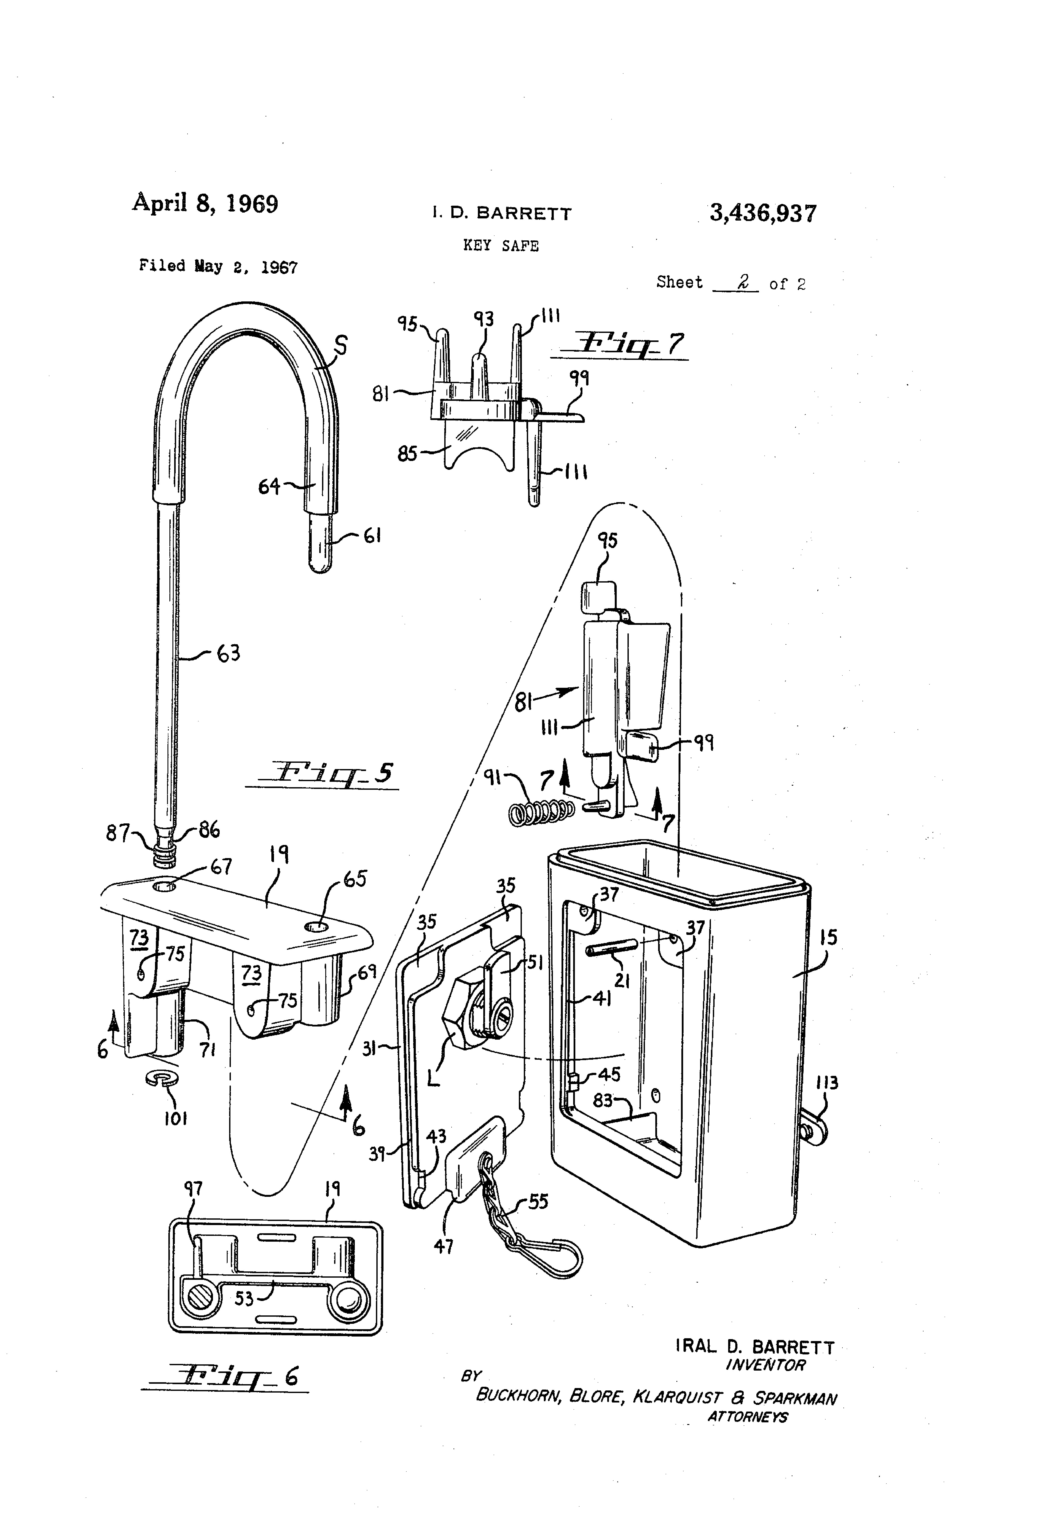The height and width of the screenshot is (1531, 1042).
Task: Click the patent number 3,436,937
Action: click(x=763, y=213)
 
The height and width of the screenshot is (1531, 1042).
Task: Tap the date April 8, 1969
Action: click(x=205, y=203)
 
